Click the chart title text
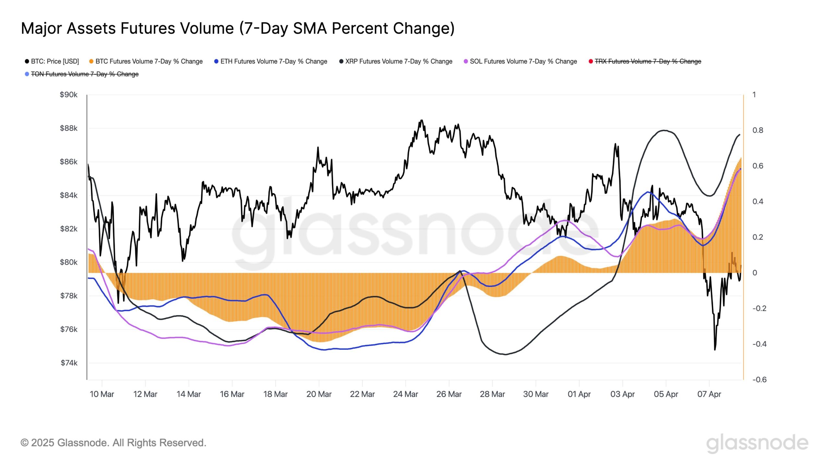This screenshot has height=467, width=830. pyautogui.click(x=238, y=28)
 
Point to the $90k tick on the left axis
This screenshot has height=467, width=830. pyautogui.click(x=68, y=95)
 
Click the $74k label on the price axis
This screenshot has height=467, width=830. pyautogui.click(x=69, y=363)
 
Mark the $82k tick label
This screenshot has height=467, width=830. pyautogui.click(x=68, y=229)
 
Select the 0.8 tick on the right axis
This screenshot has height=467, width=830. pyautogui.click(x=758, y=130)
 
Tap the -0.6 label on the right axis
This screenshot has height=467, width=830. pyautogui.click(x=759, y=380)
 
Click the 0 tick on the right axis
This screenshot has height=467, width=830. pyautogui.click(x=755, y=273)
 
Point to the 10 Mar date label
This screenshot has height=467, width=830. pyautogui.click(x=102, y=394)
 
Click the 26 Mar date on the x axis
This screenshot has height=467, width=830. pyautogui.click(x=449, y=394)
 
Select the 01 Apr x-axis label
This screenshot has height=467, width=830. pyautogui.click(x=579, y=394)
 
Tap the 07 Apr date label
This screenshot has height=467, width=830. pyautogui.click(x=709, y=394)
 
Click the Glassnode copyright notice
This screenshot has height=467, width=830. pyautogui.click(x=113, y=443)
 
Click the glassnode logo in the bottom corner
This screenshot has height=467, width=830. pyautogui.click(x=757, y=443)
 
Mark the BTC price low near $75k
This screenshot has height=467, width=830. pyautogui.click(x=715, y=350)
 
